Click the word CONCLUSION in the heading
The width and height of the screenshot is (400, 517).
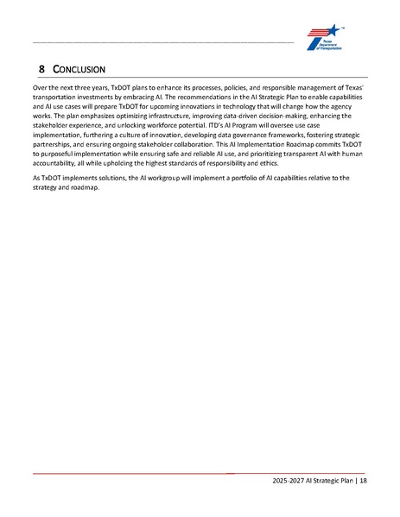pyautogui.click(x=78, y=67)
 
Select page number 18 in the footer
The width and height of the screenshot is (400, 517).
pyautogui.click(x=362, y=481)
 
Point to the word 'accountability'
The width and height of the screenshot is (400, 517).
pyautogui.click(x=59, y=162)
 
